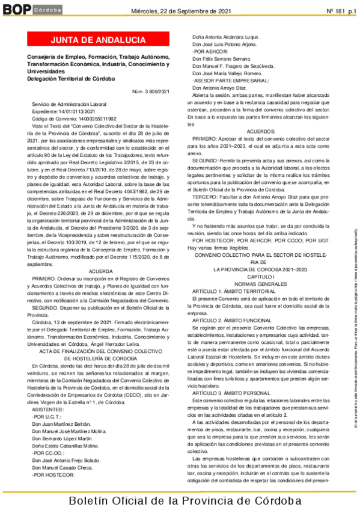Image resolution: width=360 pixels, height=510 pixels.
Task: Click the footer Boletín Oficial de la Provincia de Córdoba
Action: pos(181,501)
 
